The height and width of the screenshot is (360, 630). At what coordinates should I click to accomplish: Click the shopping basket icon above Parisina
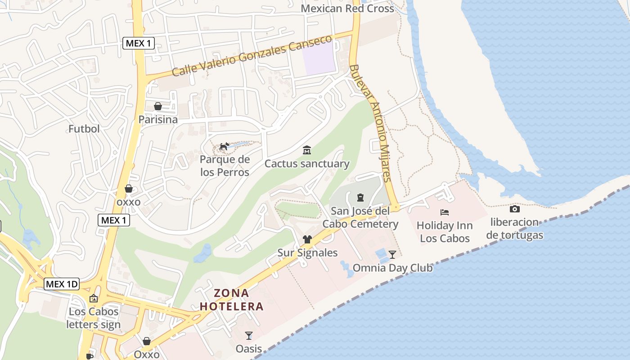[x=158, y=106]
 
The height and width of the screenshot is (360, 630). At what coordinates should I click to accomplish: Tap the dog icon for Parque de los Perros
[x=224, y=146]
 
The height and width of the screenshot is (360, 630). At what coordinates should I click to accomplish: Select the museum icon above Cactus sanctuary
[x=307, y=150]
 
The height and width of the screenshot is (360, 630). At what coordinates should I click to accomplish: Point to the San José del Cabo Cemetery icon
[x=360, y=197]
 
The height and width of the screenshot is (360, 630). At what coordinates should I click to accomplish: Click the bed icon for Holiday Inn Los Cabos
[x=445, y=212]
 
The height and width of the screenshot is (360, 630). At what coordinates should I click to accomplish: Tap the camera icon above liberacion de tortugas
[x=515, y=209]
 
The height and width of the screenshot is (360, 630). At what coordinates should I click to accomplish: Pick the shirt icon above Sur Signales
[x=307, y=239]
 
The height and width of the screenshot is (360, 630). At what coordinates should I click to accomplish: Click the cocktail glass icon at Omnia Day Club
[x=392, y=255]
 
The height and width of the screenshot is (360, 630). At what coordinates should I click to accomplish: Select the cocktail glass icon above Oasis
[x=248, y=335]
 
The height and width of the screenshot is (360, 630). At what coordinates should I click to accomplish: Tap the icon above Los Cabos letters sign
[x=94, y=298]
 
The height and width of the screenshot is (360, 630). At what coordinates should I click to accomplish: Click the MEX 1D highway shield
[x=62, y=284]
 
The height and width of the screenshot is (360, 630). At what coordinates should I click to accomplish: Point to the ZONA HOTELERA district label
[x=231, y=300]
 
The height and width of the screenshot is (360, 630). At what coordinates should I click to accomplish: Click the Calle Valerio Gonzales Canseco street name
[x=252, y=56]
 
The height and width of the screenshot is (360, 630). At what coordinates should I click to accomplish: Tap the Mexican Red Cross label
[x=347, y=9]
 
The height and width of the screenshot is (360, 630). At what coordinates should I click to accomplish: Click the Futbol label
[x=84, y=129]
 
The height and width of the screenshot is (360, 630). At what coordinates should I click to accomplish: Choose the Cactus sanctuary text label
[x=307, y=163]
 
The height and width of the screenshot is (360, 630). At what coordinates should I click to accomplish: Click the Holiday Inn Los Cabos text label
[x=445, y=232]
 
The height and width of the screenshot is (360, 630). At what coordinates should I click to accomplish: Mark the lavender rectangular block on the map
[x=319, y=57]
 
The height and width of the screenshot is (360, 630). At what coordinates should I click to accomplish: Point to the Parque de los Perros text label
[x=224, y=166]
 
